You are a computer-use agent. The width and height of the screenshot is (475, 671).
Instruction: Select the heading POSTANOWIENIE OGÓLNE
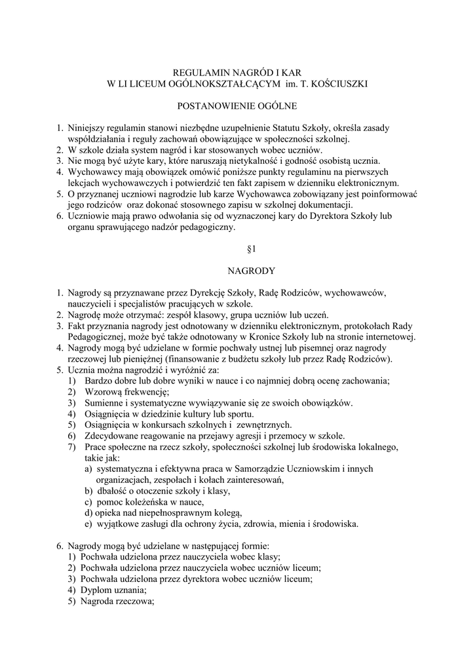tap(238, 105)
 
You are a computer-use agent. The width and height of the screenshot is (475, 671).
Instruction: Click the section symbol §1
tap(238, 249)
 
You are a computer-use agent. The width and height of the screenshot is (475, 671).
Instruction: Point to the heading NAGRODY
tap(238, 269)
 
